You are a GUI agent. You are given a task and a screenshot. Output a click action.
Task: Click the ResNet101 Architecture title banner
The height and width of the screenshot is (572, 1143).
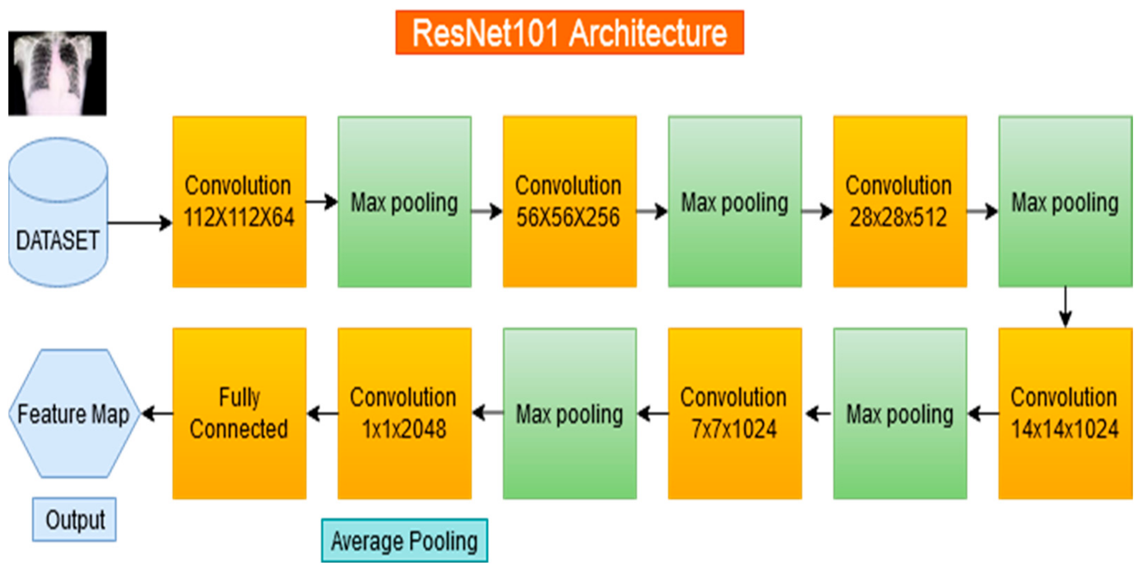click(x=569, y=32)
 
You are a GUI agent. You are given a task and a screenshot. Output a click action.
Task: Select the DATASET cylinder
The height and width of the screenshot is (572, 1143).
click(x=58, y=212)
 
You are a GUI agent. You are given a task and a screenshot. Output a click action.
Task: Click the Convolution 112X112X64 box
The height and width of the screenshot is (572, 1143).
click(x=239, y=202)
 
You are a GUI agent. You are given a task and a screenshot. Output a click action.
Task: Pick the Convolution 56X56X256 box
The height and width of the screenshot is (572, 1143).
click(x=569, y=202)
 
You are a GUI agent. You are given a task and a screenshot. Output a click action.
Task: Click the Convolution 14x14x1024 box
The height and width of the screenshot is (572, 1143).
click(x=1065, y=414)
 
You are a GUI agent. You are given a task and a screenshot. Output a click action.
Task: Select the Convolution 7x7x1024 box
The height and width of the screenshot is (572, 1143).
click(x=734, y=414)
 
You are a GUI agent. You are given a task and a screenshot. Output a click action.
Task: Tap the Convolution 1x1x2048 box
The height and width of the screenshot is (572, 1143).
click(x=404, y=414)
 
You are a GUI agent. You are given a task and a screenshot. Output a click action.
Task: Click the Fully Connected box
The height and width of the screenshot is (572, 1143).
click(x=239, y=414)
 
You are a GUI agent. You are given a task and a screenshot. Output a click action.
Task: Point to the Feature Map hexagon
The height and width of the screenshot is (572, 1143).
click(x=75, y=414)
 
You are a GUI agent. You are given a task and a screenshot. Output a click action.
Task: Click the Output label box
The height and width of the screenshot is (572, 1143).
click(x=75, y=519)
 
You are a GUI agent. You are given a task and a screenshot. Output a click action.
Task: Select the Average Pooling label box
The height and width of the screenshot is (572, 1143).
click(x=404, y=541)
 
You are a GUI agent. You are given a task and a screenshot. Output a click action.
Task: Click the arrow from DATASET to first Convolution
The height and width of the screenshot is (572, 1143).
click(x=140, y=222)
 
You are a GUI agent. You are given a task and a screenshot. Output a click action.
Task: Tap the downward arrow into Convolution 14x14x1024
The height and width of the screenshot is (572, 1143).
click(x=1065, y=307)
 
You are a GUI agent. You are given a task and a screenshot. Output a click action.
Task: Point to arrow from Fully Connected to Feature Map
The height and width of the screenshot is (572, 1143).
click(x=157, y=414)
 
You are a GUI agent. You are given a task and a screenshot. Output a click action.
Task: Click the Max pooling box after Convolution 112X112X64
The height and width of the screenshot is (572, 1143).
click(x=404, y=202)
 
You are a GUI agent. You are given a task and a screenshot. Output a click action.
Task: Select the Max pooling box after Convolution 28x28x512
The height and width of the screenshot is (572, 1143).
click(x=1065, y=202)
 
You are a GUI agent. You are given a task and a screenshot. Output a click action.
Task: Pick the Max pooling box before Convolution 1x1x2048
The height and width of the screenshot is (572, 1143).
click(x=569, y=414)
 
